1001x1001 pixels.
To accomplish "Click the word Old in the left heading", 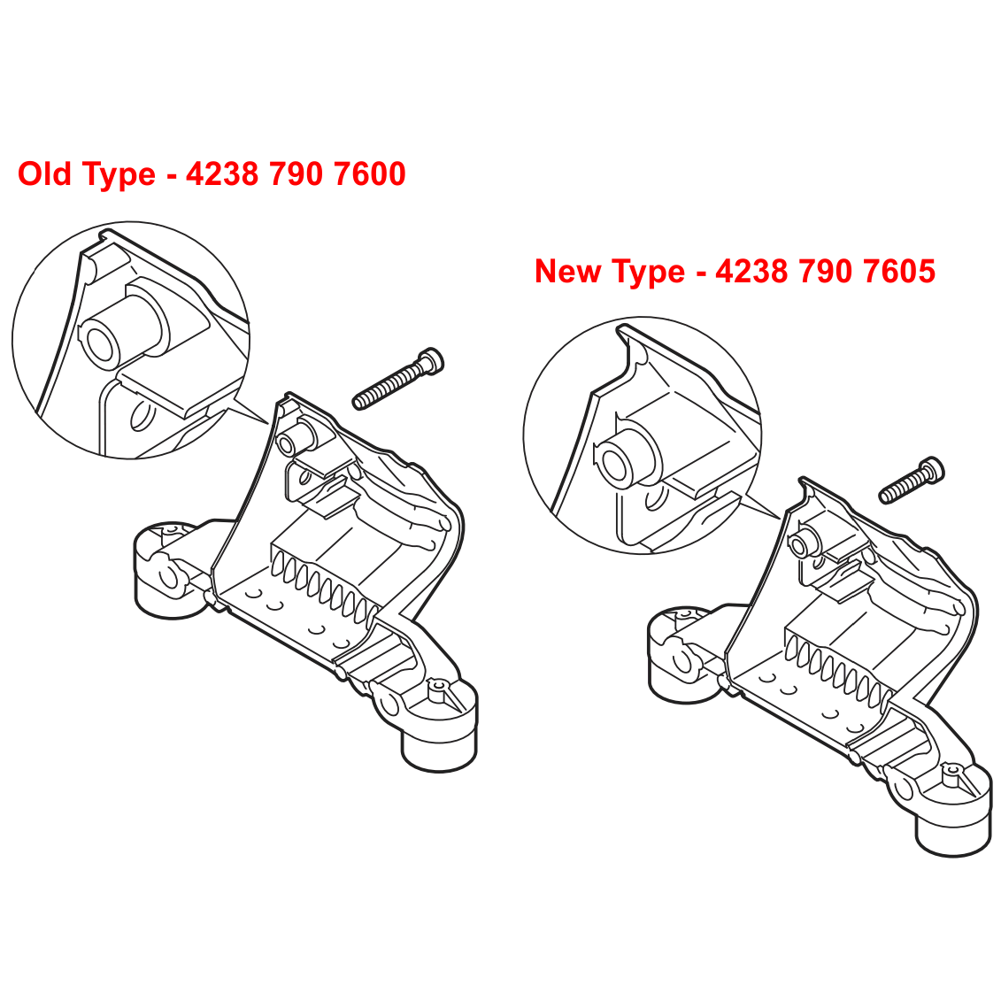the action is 44,173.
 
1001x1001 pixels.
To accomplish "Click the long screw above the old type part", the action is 398,379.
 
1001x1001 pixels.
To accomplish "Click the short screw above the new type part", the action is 912,480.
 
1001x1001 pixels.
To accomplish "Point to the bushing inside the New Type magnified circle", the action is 627,455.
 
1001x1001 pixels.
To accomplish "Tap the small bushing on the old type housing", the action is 295,436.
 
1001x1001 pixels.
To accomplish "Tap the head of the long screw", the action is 430,360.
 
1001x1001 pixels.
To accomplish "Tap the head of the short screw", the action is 931,470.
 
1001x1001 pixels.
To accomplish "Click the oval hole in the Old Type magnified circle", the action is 142,416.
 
